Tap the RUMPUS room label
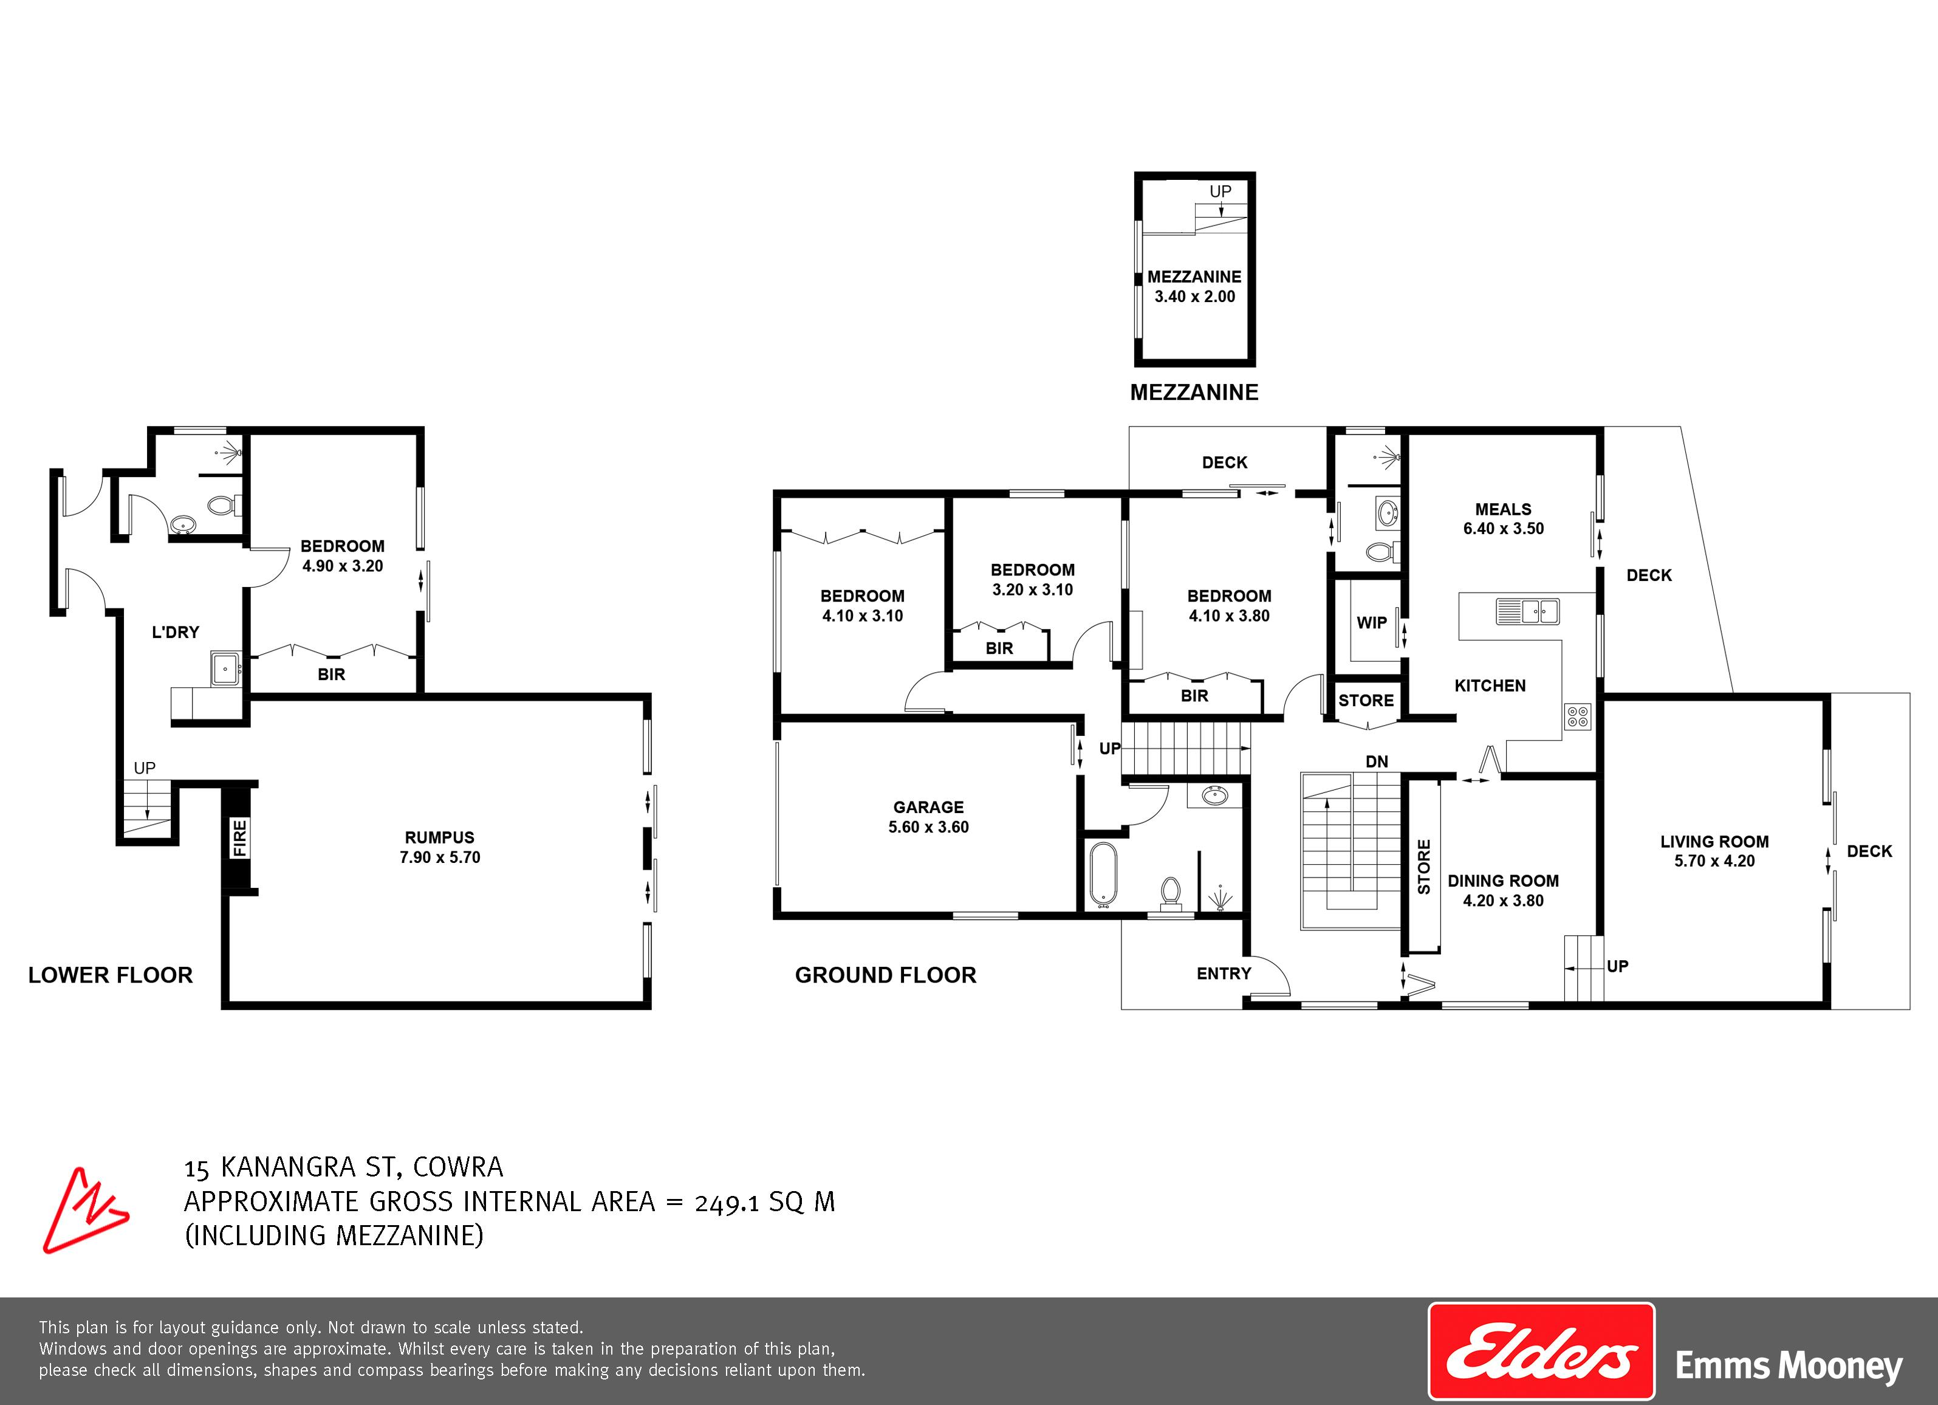coord(439,837)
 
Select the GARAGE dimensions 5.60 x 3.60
coord(929,826)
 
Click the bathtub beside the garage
coord(1102,874)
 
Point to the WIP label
coord(1371,623)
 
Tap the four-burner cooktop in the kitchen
coord(1577,716)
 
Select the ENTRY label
coord(1224,974)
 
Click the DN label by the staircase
coord(1377,761)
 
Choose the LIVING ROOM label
coord(1714,841)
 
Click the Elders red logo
coord(1541,1351)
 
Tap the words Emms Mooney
coord(1789,1365)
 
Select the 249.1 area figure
coord(727,1203)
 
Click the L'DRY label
coord(175,633)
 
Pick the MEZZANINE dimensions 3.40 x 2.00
coord(1194,297)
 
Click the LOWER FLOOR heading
coord(110,975)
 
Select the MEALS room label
coord(1503,509)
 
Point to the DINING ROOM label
coord(1503,881)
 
